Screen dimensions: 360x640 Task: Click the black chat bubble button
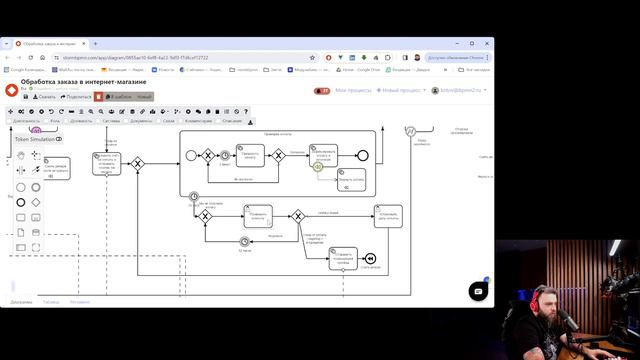[478, 290]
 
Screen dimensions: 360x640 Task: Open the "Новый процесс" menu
[402, 90]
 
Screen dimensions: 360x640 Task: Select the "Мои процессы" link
[353, 90]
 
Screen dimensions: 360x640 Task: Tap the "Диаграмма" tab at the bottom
[21, 301]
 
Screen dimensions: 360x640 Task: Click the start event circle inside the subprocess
[191, 155]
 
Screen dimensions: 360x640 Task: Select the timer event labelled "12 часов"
[245, 241]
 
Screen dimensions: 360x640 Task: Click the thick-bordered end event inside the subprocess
[362, 155]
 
